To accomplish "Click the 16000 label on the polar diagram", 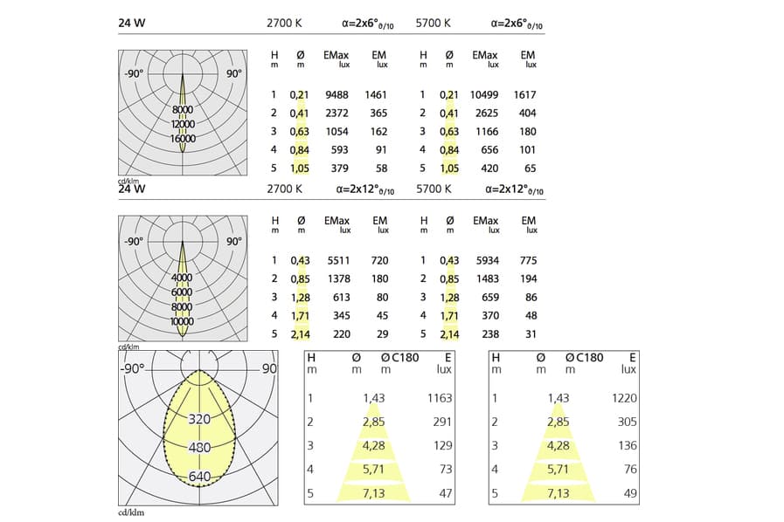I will click(x=183, y=139).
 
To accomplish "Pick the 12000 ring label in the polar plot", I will click(x=183, y=124).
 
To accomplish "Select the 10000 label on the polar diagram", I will click(x=183, y=321).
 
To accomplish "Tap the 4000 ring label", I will click(x=183, y=278).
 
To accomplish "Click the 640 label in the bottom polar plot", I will click(x=199, y=477).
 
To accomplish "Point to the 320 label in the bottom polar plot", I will click(x=199, y=419).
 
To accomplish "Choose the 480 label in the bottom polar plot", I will click(x=199, y=448).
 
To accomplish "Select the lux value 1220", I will click(x=624, y=398).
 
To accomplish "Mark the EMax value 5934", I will click(x=487, y=260).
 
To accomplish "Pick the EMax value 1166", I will click(x=487, y=132).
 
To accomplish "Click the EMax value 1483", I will click(x=487, y=278).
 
